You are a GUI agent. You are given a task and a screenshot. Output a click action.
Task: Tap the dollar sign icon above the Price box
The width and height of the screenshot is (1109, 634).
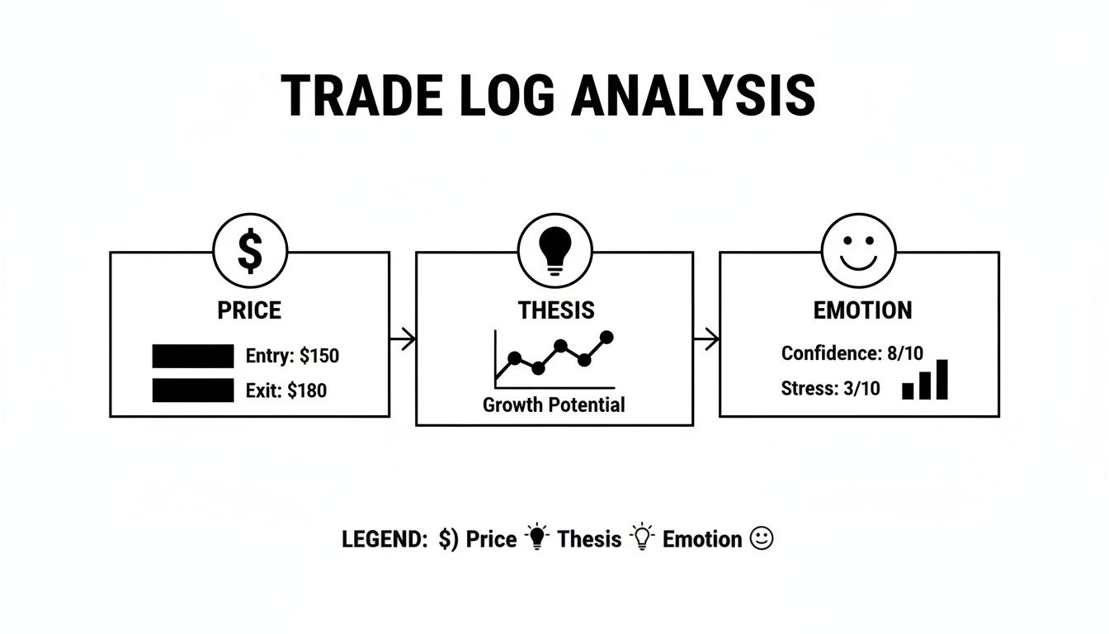(x=250, y=251)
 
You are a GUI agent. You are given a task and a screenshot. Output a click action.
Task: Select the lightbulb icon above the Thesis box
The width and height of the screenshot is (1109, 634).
(x=554, y=251)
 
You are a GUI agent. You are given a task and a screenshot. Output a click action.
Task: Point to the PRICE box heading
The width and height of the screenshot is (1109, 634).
(x=249, y=310)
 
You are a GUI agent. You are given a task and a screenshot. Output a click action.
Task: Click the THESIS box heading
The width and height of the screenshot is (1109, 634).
(x=555, y=310)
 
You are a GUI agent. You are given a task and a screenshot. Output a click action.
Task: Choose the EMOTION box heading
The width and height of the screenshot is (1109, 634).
(x=862, y=310)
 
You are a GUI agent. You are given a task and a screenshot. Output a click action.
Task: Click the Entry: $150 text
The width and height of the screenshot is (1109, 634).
(x=292, y=357)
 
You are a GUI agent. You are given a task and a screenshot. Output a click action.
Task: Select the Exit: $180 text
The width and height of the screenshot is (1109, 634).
(x=286, y=390)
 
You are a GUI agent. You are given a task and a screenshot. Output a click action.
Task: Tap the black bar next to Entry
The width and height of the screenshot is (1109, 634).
(x=193, y=357)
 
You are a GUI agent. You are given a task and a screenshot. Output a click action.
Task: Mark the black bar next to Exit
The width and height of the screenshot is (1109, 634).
(x=193, y=390)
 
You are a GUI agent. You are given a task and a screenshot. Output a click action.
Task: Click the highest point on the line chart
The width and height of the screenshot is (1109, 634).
(x=607, y=337)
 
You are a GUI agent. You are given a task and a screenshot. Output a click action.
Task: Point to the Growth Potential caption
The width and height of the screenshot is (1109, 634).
(x=554, y=405)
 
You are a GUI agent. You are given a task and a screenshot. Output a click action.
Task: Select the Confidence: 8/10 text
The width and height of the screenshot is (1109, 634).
(x=852, y=353)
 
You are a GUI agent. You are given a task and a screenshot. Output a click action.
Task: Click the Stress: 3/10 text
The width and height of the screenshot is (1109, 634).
(x=830, y=388)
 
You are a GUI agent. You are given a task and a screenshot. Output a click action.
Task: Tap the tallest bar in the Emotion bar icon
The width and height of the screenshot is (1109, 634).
(x=941, y=380)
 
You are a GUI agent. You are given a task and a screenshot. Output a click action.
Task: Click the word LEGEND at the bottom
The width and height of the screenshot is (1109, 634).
(x=384, y=540)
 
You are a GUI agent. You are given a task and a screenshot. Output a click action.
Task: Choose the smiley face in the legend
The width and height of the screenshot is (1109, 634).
(x=762, y=539)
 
